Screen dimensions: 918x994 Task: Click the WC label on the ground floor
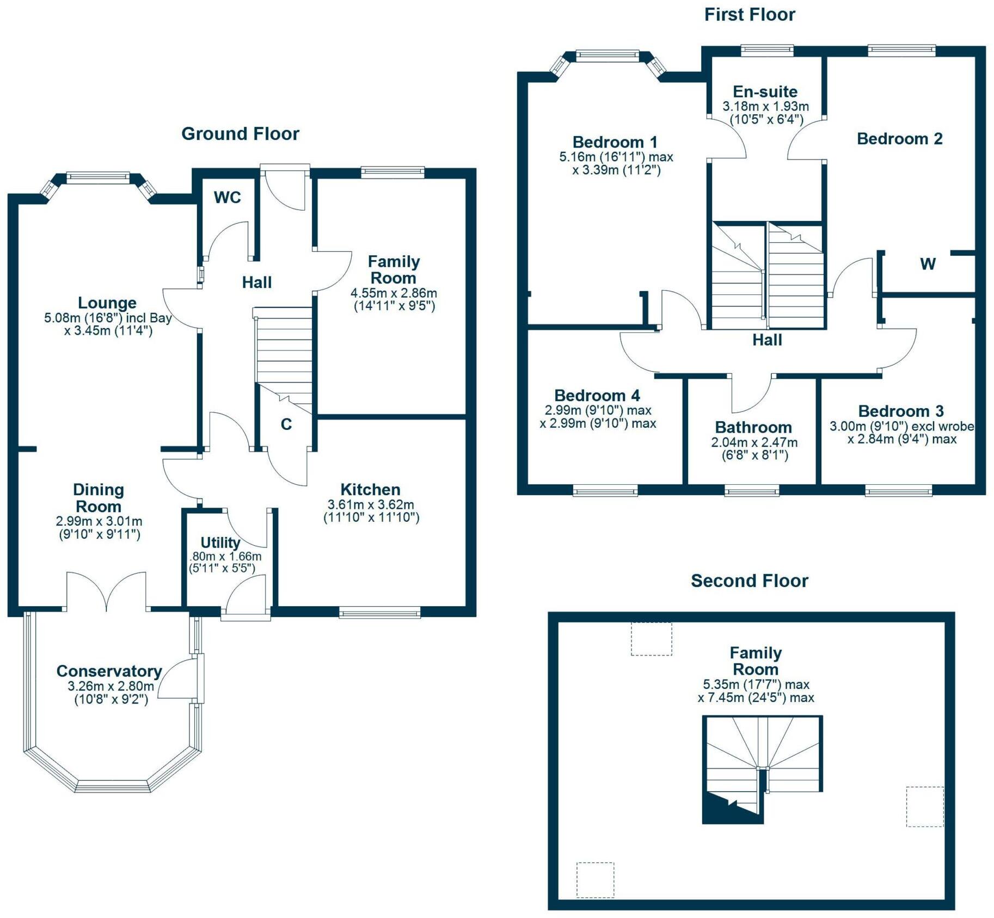[227, 197]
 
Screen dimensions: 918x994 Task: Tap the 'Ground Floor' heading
[240, 134]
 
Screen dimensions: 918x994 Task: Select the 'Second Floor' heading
[749, 581]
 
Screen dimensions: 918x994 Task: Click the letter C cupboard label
[286, 424]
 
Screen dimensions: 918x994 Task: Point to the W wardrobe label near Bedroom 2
[928, 264]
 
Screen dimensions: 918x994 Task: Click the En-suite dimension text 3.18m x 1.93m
[765, 107]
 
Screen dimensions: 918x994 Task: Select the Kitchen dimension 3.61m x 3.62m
[371, 504]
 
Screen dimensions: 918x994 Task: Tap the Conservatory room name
[109, 671]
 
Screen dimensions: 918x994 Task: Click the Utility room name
[220, 543]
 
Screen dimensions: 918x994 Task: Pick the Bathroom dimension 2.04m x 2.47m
[754, 442]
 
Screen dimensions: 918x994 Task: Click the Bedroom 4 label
[597, 395]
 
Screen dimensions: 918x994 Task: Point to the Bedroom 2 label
[899, 139]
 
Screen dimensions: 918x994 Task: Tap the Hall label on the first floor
[767, 340]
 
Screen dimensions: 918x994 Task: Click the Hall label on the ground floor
[257, 282]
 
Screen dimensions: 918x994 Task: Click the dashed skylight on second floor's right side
[924, 806]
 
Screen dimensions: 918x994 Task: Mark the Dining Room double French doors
[107, 592]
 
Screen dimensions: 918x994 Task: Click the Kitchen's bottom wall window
[379, 613]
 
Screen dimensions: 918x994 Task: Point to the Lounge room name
[107, 303]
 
